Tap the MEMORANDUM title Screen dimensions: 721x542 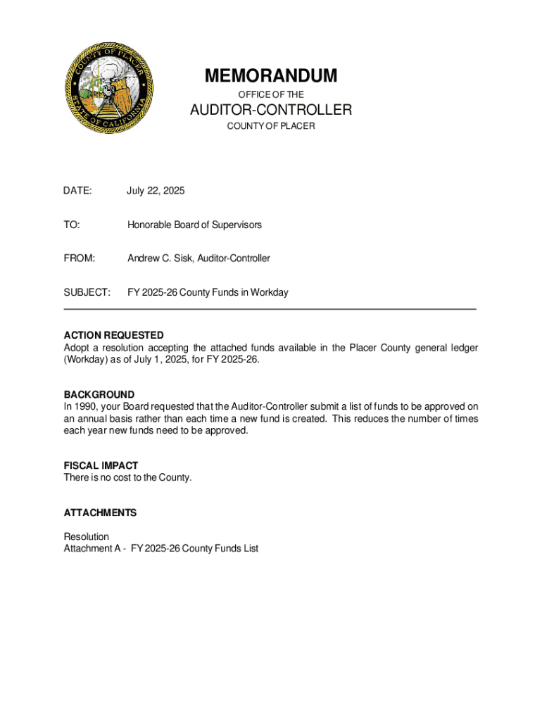point(271,75)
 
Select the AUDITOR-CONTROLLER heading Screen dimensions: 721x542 point(271,110)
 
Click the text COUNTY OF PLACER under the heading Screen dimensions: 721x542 point(271,126)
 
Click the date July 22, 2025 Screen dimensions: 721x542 point(156,191)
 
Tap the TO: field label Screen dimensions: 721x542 point(72,225)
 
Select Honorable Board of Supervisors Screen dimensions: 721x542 point(194,225)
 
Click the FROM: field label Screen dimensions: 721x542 point(79,258)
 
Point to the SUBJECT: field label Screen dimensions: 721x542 point(87,292)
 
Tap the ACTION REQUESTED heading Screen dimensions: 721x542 point(113,335)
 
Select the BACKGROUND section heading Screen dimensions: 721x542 point(99,394)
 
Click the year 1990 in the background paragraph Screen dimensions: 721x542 point(86,406)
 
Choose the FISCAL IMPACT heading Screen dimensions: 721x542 point(101,465)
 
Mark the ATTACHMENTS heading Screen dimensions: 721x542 point(100,513)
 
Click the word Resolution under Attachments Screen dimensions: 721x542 point(87,537)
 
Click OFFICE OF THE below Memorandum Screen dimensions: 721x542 point(271,94)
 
